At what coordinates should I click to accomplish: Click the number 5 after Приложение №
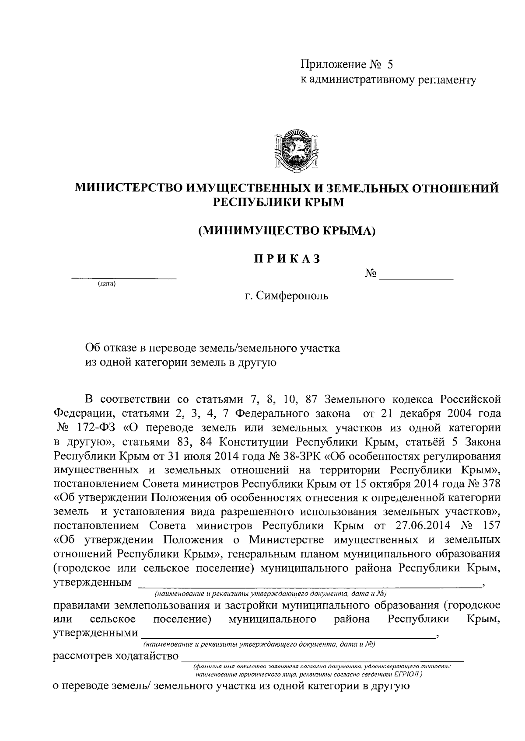[x=390, y=65]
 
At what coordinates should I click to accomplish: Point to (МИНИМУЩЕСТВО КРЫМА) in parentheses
[x=287, y=230]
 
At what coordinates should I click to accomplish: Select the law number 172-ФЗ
[x=90, y=427]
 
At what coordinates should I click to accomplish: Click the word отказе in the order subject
[x=121, y=348]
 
